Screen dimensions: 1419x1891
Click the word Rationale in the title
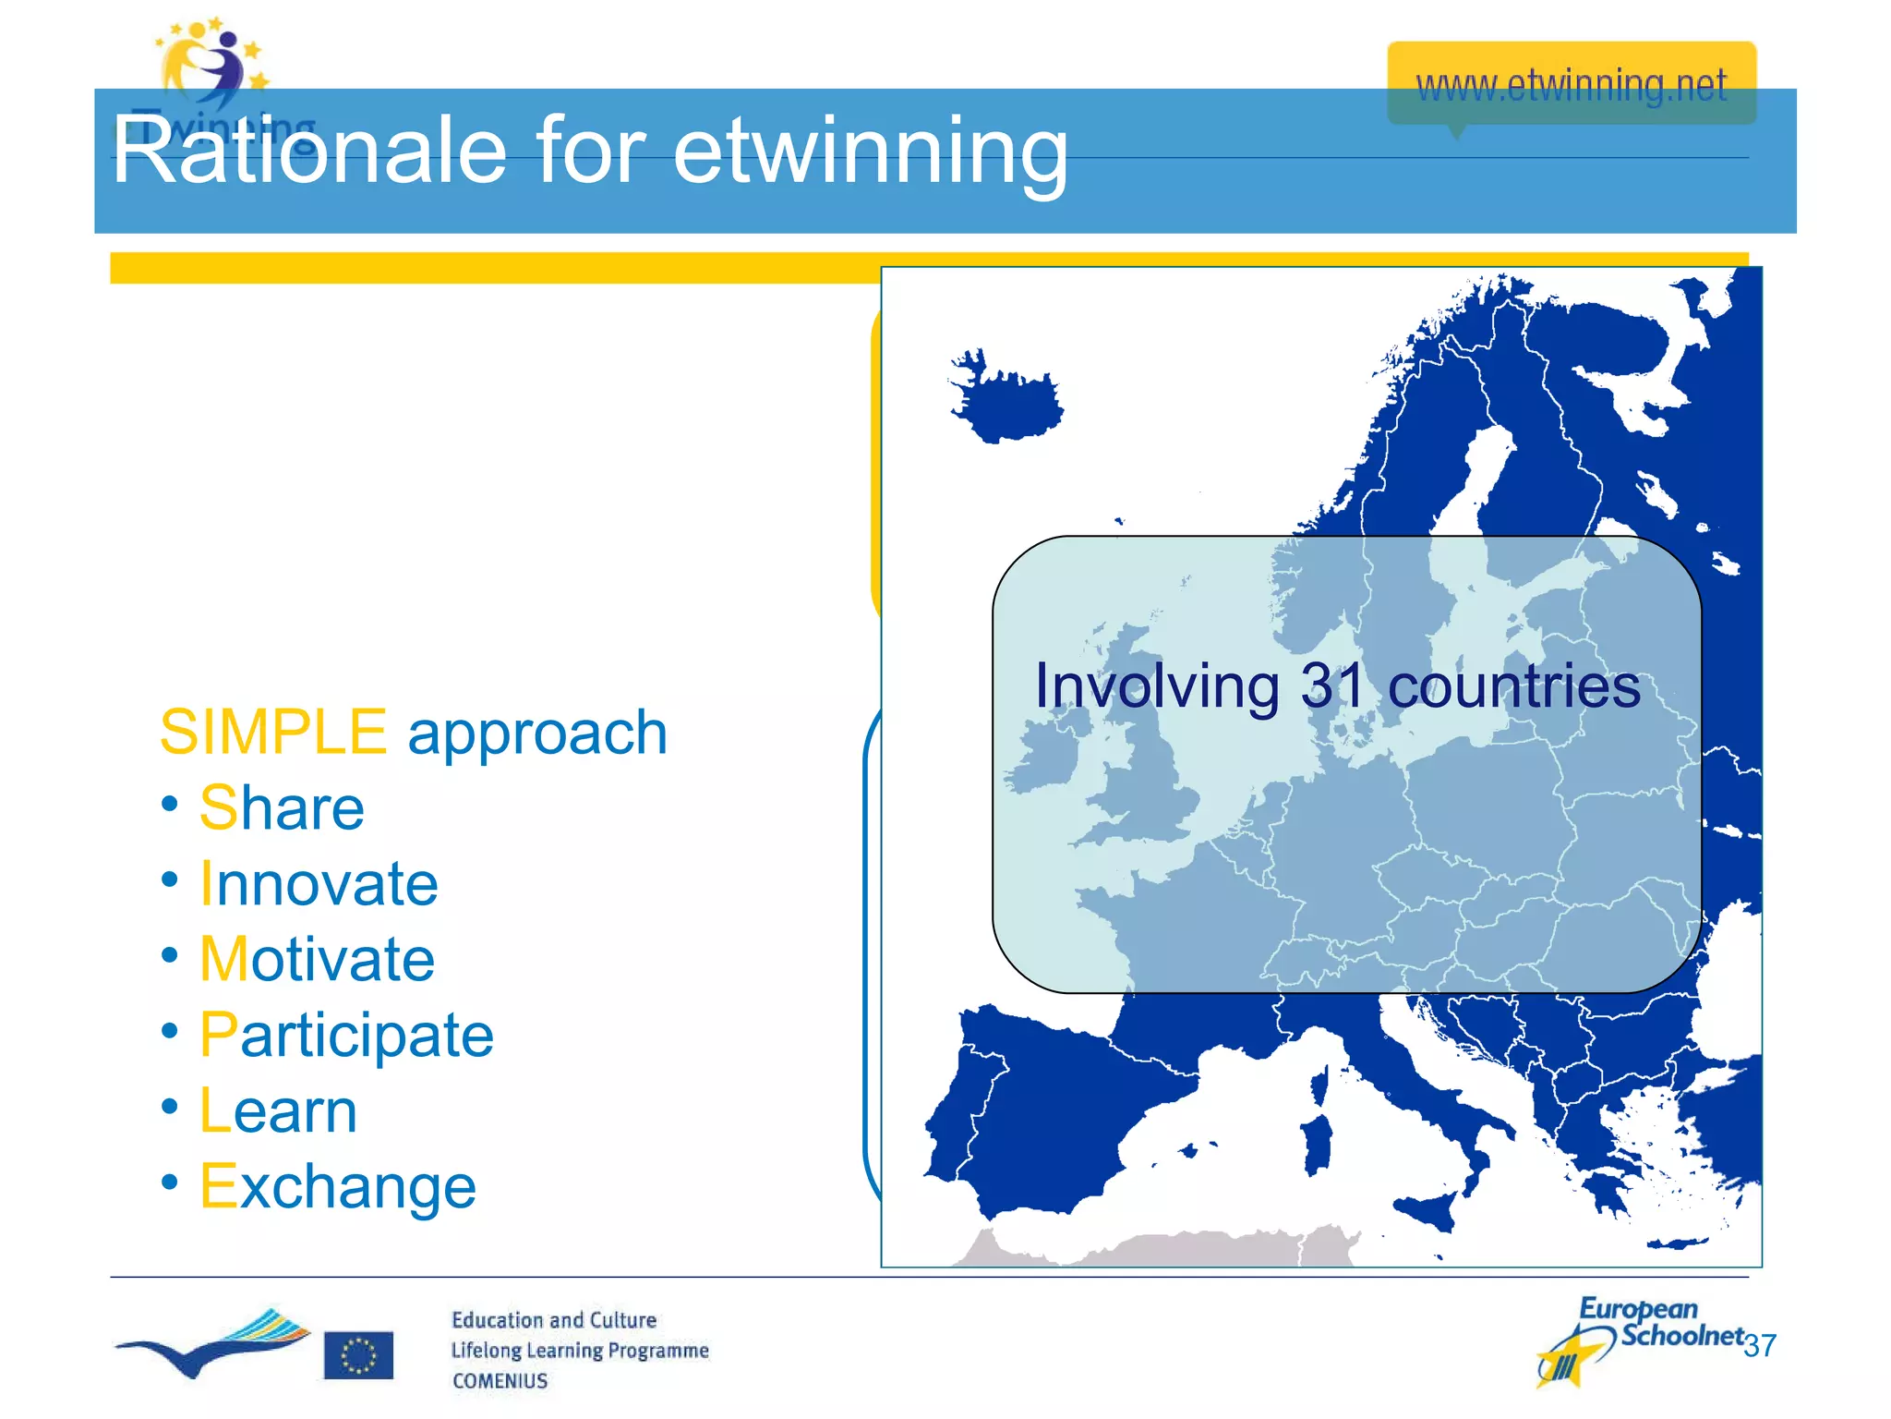pos(309,151)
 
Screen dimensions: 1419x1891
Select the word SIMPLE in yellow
pos(272,732)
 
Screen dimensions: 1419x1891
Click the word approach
pos(537,734)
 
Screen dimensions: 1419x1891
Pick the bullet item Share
pos(282,808)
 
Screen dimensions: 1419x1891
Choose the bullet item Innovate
pos(319,884)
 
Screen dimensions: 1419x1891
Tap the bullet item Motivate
pos(317,959)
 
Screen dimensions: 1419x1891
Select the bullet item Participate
pos(346,1035)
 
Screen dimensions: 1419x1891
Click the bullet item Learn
pos(278,1110)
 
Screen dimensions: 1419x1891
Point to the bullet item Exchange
pos(338,1186)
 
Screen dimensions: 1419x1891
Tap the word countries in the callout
pos(1513,686)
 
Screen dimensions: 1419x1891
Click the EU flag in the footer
pos(358,1355)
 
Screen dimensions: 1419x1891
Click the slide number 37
pos(1760,1345)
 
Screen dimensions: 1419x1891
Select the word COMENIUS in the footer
pos(500,1381)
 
